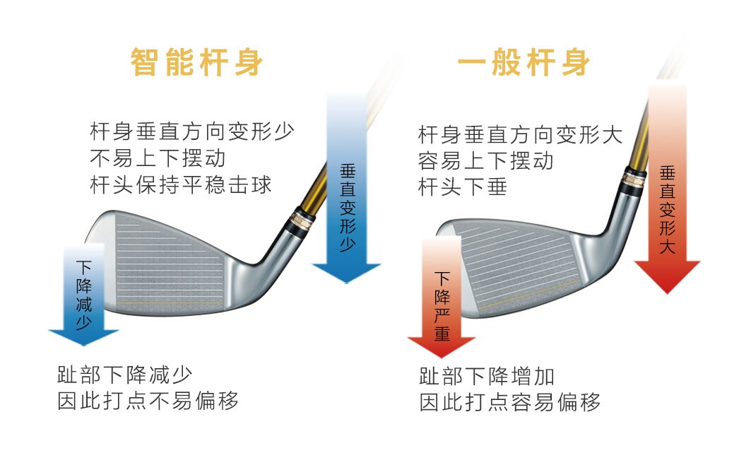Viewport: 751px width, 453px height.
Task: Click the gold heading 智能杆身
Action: tap(196, 63)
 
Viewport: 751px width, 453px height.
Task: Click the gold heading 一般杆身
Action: tap(524, 63)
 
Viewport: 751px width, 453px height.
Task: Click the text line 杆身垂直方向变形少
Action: tap(191, 131)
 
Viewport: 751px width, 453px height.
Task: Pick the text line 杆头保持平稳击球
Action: tap(181, 185)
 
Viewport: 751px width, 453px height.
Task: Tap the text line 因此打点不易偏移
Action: tap(148, 401)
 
